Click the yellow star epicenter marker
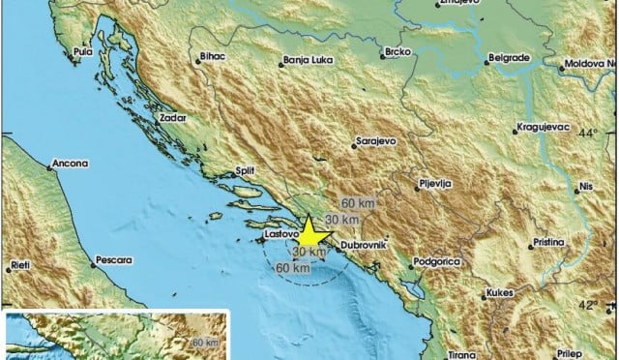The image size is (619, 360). pos(309,233)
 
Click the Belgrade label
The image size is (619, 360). pos(509,58)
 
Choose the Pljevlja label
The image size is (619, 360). pos(432,181)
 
